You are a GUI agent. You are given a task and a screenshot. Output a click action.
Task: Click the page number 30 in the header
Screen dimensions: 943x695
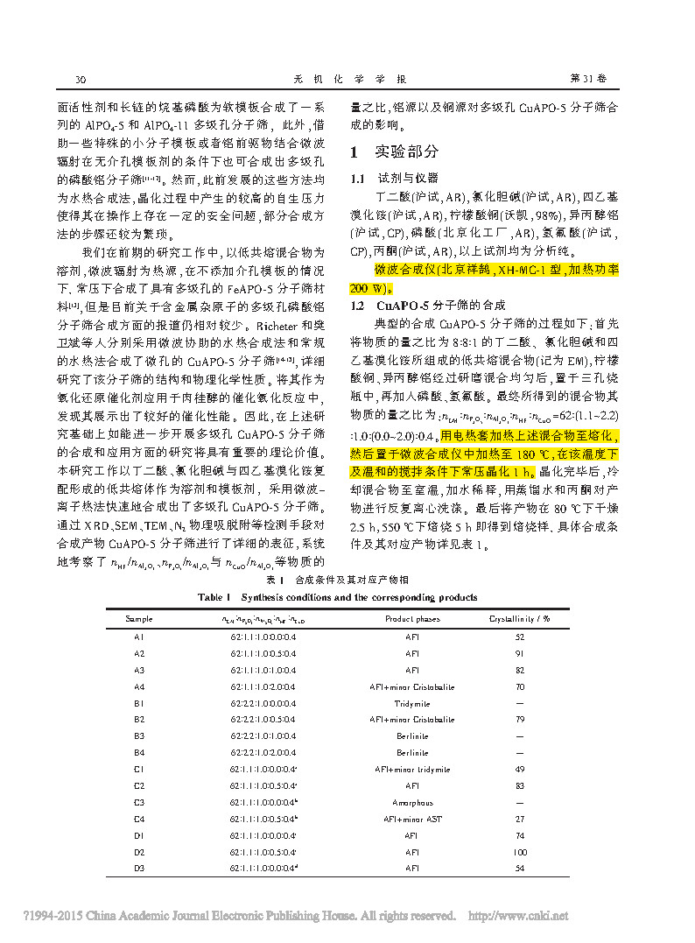(80, 79)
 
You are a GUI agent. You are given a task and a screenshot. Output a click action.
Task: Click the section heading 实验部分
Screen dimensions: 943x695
(407, 151)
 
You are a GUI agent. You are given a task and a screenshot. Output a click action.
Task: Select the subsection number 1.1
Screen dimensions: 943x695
(357, 178)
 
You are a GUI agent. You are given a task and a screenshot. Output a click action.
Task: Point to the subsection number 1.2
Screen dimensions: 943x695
(357, 306)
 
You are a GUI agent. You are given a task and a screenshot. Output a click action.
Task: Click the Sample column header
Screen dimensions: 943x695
(138, 618)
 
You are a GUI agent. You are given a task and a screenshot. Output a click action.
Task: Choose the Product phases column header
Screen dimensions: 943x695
(412, 618)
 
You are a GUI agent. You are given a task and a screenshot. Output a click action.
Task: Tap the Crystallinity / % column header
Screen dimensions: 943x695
(519, 618)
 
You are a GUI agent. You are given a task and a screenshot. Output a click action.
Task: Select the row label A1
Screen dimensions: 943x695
(138, 637)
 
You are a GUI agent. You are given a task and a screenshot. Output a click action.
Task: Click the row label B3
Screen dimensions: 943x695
(138, 736)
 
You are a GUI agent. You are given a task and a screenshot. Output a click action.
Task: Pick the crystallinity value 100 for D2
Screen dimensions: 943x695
(520, 852)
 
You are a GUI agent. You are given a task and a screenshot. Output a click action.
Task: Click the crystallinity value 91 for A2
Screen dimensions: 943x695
(520, 653)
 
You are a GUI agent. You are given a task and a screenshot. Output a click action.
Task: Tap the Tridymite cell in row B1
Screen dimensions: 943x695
(412, 703)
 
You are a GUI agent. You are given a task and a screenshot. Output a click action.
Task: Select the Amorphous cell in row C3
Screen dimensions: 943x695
(412, 802)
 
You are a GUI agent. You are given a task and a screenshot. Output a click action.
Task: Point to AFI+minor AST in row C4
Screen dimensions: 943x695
(412, 819)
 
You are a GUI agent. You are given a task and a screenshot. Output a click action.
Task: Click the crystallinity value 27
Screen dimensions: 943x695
(520, 819)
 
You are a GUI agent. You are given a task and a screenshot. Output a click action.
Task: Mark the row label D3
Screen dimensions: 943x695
(138, 869)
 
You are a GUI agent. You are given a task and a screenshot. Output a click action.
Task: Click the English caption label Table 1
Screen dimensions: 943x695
(216, 597)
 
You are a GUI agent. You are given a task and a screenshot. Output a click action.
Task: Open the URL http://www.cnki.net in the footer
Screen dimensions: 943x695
(519, 916)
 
